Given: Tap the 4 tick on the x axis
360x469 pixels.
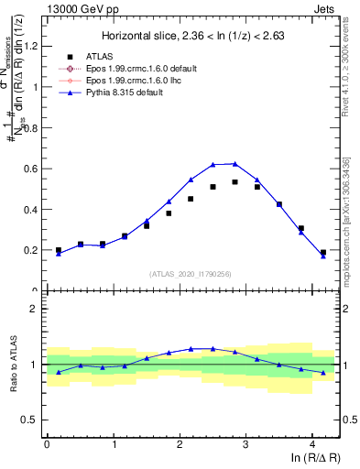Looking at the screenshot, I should pos(312,444).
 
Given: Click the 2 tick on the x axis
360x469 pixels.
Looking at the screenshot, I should pos(180,444).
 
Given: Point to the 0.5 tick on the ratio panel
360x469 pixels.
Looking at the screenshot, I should pos(33,420).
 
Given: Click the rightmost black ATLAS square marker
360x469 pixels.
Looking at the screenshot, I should pos(323,252).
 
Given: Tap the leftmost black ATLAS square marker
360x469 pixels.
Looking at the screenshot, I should pos(59,250).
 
